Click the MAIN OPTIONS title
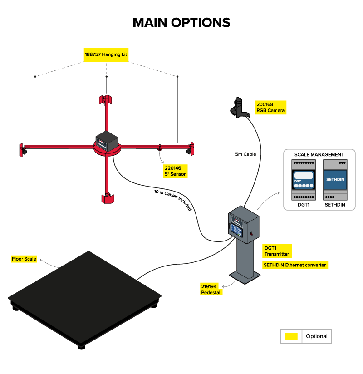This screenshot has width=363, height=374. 181,23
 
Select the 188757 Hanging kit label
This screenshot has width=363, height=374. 106,54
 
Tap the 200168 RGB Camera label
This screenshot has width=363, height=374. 270,107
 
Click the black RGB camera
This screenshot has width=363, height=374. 239,108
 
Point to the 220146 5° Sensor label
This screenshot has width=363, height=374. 175,171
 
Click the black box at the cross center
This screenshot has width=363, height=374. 107,141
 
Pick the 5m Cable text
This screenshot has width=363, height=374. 245,154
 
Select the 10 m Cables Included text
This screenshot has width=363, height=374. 173,199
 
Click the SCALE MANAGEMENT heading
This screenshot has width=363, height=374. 319,155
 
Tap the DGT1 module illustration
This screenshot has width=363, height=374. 304,180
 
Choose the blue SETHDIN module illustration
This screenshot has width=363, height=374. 335,180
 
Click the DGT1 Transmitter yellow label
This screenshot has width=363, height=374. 277,251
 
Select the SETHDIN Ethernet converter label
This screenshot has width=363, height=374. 295,265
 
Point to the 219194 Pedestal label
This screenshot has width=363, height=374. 211,289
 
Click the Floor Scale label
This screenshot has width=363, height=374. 24,259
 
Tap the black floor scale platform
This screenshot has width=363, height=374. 85,297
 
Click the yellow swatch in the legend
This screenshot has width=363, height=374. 291,336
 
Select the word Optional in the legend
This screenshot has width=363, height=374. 317,336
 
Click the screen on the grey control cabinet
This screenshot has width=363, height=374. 237,230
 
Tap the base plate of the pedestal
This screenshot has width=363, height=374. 245,277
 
